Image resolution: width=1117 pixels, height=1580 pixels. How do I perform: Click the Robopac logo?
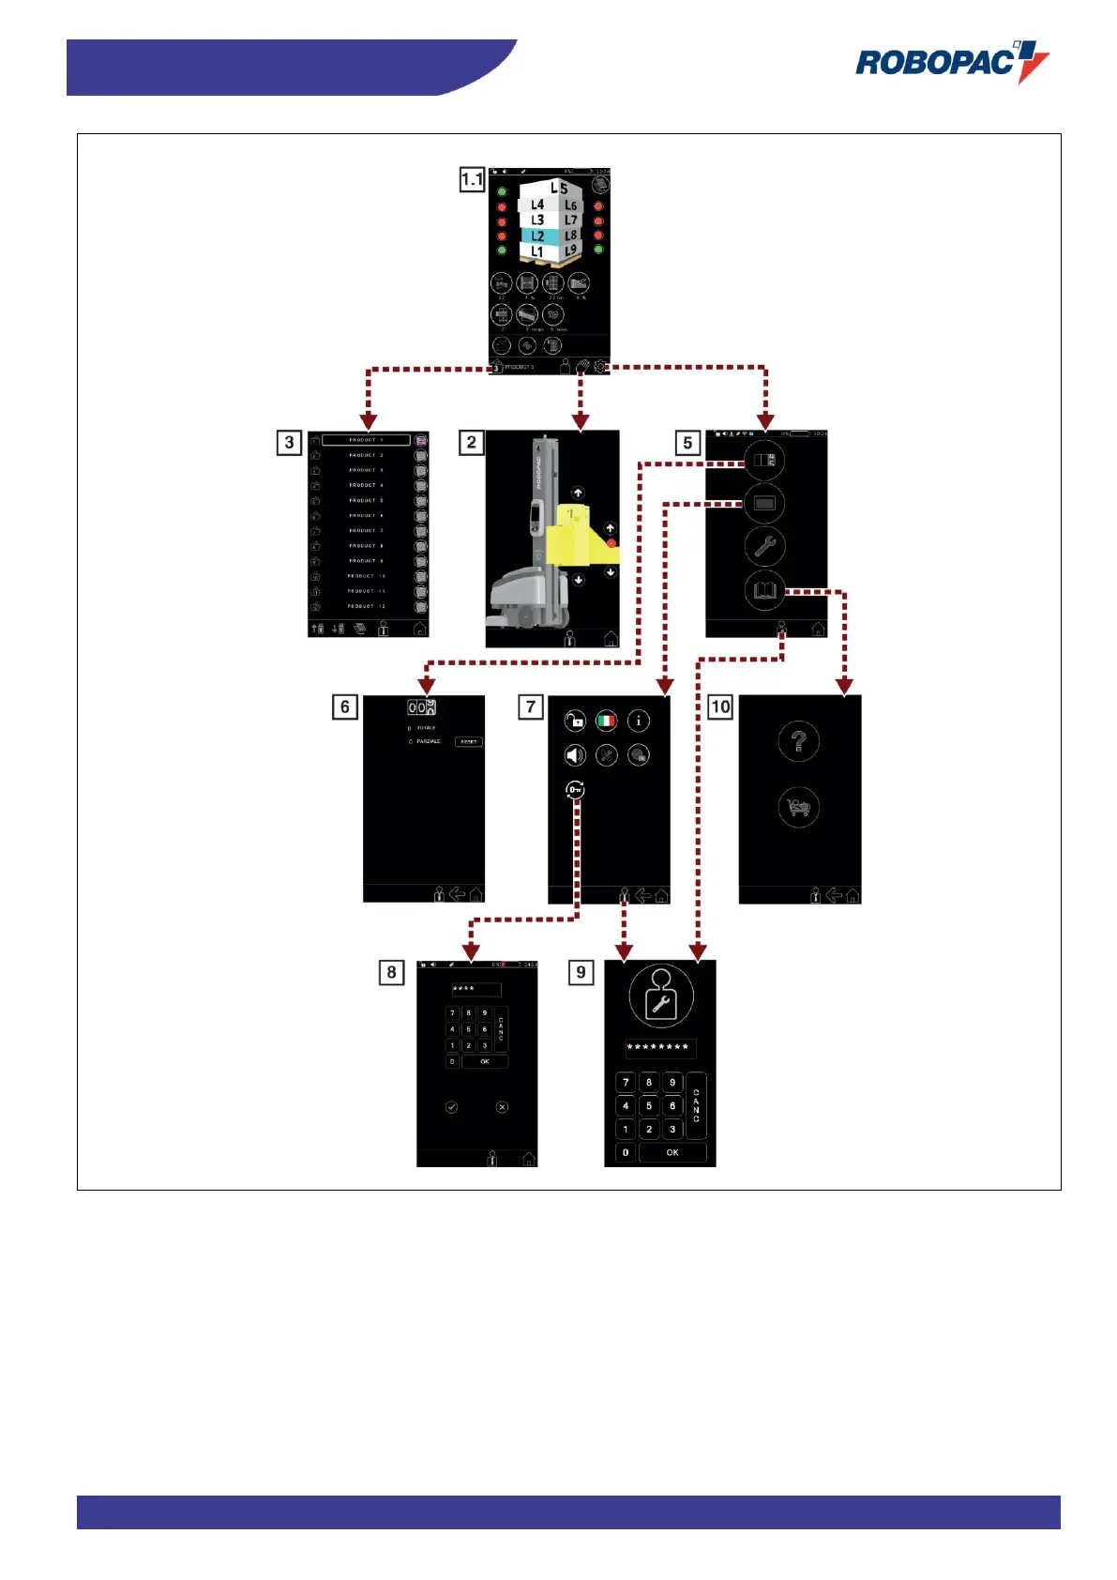(x=951, y=62)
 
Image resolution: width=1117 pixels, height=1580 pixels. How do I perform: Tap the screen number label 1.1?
(x=472, y=178)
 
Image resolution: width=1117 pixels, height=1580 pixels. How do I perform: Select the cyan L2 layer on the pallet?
(x=538, y=236)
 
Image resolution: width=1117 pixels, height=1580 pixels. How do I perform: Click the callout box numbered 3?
(x=289, y=442)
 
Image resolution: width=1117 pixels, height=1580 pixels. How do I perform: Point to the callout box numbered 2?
(x=471, y=442)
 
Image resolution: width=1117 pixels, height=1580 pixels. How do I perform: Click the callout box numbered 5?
(x=687, y=442)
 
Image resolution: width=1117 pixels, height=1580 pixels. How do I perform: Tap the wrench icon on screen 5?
(x=764, y=546)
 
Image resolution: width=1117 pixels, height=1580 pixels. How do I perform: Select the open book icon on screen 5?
(x=764, y=590)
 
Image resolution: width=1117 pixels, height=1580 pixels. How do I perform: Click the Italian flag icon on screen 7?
(x=607, y=721)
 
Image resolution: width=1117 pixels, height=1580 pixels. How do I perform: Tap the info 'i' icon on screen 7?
(x=639, y=721)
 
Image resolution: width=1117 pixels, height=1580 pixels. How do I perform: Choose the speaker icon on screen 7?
(x=575, y=755)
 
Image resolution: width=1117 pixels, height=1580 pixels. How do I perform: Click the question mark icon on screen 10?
(x=799, y=742)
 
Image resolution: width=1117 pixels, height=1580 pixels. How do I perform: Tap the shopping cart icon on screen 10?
(x=799, y=807)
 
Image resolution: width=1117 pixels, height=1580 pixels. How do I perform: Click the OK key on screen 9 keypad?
(x=672, y=1152)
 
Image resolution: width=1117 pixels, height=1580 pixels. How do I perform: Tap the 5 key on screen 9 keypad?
(x=649, y=1105)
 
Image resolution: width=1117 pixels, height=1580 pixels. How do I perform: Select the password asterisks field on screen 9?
(x=660, y=1047)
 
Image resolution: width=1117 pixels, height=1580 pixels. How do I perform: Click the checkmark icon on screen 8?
(x=451, y=1107)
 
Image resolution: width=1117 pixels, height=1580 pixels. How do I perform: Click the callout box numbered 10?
(x=720, y=706)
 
